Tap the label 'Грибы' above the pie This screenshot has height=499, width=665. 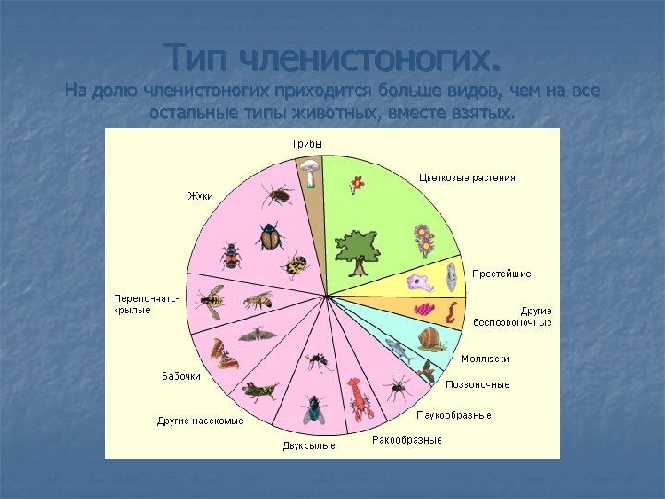307,144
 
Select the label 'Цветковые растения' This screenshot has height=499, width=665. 467,177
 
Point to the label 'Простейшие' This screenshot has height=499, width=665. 502,274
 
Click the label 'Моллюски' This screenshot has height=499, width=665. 485,359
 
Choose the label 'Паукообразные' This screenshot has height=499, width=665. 453,415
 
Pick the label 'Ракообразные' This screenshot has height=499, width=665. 406,440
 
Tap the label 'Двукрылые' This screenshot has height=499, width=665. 308,446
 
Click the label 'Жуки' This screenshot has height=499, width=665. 199,196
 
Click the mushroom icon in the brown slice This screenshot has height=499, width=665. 308,169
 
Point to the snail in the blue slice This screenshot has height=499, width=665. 429,338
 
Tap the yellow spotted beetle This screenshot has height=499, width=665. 296,266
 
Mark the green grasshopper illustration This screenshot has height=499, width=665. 260,390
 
